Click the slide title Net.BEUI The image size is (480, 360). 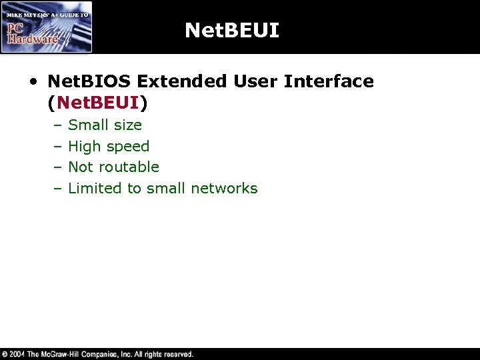point(231,30)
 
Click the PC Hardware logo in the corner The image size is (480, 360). point(46,27)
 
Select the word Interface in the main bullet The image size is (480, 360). point(329,81)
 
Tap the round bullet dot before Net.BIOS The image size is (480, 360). point(33,82)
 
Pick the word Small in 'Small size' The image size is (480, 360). point(88,125)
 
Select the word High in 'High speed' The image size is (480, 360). point(84,146)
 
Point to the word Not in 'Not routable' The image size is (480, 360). point(80,167)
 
